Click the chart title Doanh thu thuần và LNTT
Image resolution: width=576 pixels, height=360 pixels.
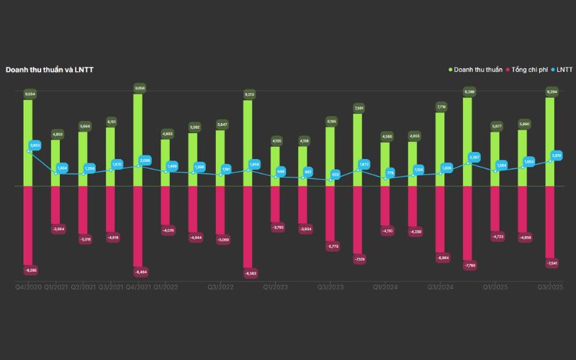[50, 70]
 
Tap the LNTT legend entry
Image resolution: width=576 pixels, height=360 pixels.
[564, 70]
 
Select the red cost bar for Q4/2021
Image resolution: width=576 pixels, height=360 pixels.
[138, 226]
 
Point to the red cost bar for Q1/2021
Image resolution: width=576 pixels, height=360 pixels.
[56, 204]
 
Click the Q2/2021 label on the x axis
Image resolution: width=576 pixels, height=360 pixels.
[84, 287]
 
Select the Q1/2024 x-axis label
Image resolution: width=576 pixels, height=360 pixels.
[386, 287]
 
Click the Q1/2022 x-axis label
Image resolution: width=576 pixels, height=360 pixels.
[166, 287]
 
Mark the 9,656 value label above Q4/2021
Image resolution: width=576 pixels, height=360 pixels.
[139, 88]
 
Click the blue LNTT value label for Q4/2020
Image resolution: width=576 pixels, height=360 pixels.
[35, 145]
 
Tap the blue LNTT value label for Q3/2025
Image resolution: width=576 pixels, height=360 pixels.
[557, 155]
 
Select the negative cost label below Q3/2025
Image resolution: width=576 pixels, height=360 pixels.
[552, 264]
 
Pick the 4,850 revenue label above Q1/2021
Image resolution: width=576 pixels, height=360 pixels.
[57, 134]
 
